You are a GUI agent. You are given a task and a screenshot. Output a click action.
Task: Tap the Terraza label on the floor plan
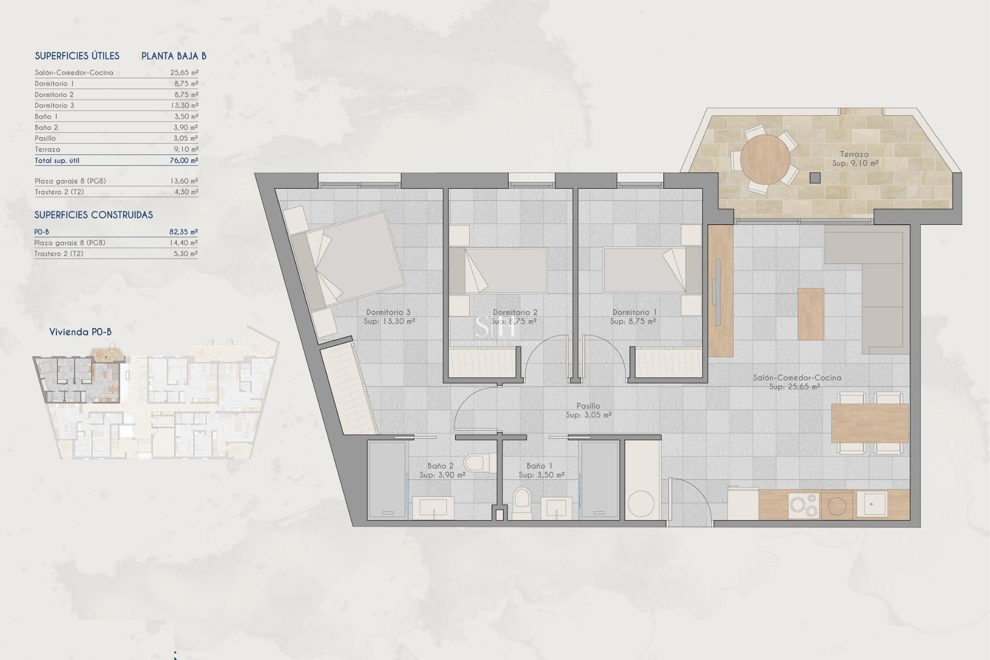coord(854,154)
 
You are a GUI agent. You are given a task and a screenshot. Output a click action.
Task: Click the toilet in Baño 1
coord(522,503)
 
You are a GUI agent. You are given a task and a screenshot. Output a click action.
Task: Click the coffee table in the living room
coord(811,313)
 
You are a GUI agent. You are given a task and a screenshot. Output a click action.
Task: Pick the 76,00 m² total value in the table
coord(184,160)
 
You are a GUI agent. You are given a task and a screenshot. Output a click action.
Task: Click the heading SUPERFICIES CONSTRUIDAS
coord(93,215)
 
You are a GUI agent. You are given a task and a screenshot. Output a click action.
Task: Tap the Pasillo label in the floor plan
coord(588,406)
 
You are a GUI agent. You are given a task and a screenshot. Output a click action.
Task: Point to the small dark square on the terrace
coord(815,178)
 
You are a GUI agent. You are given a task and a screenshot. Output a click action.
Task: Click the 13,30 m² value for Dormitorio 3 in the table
coord(184,105)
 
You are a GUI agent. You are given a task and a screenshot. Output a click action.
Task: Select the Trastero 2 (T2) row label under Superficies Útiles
coord(59,192)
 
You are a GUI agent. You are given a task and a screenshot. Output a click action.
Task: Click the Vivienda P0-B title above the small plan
coord(80,332)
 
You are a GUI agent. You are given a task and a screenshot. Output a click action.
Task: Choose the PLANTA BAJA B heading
coord(174,56)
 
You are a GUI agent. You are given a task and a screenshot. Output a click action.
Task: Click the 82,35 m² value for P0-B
coord(184,232)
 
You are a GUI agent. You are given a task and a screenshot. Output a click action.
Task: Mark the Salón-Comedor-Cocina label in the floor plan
coord(797,377)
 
